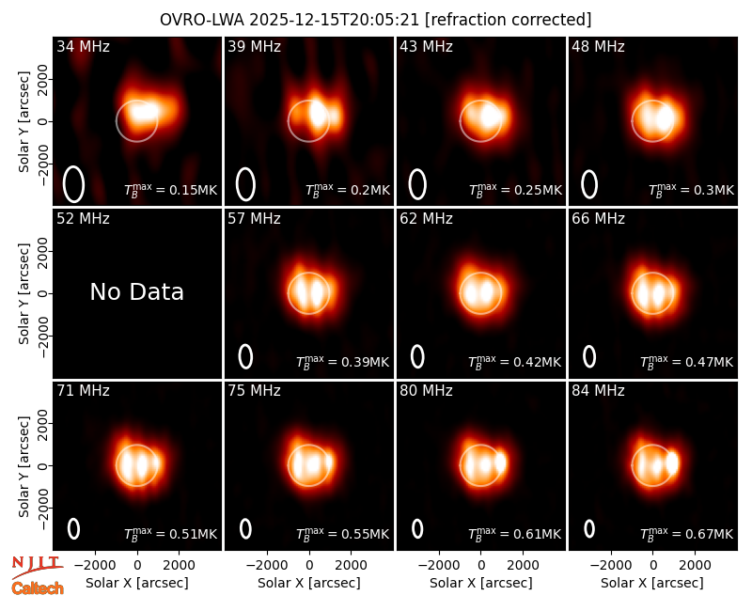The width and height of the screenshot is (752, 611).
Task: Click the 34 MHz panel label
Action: [83, 46]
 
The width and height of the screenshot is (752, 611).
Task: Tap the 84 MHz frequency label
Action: [598, 391]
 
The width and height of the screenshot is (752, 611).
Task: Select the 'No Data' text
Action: [137, 291]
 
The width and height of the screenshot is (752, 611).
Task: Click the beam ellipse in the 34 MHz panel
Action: [73, 184]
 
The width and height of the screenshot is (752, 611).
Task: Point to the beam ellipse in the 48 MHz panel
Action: [589, 184]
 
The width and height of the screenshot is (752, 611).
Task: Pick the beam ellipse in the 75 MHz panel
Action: [245, 528]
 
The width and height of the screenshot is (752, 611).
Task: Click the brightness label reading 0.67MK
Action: [687, 533]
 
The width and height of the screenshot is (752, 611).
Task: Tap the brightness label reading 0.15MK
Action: [171, 189]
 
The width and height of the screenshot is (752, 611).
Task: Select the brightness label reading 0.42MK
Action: [514, 361]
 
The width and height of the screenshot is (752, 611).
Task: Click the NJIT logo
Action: [37, 567]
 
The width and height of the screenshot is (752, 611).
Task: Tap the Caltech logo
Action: [38, 588]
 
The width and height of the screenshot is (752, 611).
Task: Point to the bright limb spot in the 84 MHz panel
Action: [672, 462]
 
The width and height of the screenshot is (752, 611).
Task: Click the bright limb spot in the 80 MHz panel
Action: [500, 462]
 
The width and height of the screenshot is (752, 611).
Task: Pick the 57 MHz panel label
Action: [254, 219]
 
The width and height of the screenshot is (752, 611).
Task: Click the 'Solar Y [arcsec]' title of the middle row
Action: [24, 293]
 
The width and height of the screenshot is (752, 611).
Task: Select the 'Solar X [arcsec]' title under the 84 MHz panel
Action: [652, 583]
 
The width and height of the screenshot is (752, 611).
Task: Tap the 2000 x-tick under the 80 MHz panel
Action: [524, 565]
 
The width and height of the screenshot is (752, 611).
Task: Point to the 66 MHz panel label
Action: [598, 219]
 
